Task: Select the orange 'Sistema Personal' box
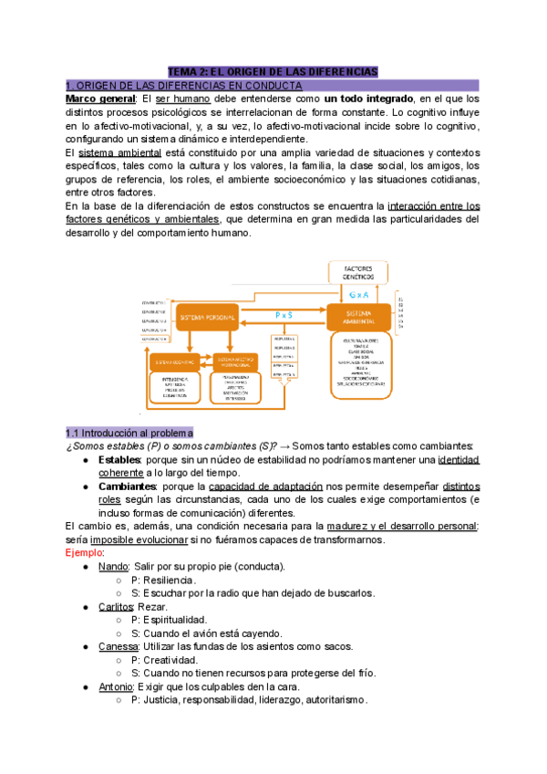coord(207,318)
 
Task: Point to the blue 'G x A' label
coord(358,296)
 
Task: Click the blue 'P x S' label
coord(284,315)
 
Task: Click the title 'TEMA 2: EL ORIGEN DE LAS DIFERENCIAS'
coord(273,71)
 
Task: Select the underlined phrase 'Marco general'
coord(97,99)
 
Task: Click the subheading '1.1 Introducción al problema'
coord(129,432)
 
